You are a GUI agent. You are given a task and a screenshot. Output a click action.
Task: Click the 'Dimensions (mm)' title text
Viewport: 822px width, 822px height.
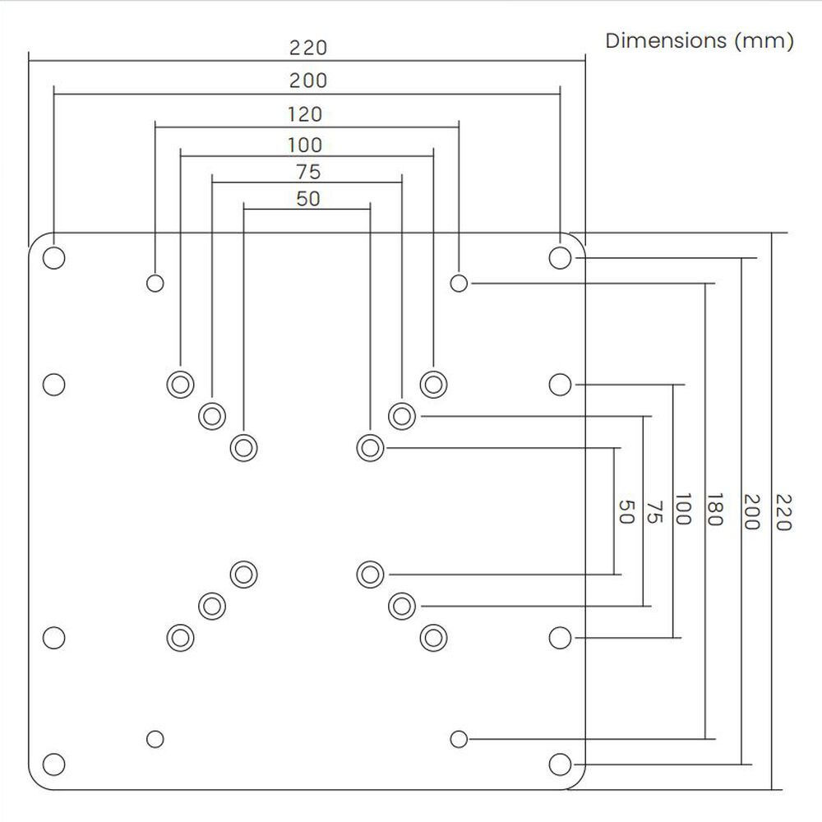pyautogui.click(x=700, y=41)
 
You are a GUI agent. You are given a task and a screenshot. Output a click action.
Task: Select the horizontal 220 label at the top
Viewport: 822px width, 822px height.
pyautogui.click(x=307, y=48)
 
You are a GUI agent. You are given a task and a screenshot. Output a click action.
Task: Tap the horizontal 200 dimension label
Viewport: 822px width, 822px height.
pyautogui.click(x=307, y=81)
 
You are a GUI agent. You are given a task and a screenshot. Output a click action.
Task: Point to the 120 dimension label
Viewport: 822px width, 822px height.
pyautogui.click(x=305, y=114)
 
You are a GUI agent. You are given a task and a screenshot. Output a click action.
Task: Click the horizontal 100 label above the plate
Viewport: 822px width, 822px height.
pyautogui.click(x=305, y=145)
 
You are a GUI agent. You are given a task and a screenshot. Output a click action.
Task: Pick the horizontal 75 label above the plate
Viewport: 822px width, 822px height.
pyautogui.click(x=307, y=173)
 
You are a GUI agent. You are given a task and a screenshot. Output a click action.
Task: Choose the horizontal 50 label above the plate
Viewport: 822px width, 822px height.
pyautogui.click(x=307, y=199)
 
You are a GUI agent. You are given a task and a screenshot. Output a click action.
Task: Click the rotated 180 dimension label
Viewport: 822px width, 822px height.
pyautogui.click(x=713, y=510)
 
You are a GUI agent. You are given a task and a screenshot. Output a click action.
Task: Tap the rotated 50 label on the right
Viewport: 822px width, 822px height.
pyautogui.click(x=625, y=512)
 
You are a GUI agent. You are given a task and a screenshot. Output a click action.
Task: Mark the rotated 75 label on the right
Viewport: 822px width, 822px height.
pyautogui.click(x=653, y=512)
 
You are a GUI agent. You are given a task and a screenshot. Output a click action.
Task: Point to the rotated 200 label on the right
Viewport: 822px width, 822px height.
pyautogui.click(x=750, y=511)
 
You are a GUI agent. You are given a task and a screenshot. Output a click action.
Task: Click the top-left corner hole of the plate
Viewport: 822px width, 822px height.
pyautogui.click(x=54, y=257)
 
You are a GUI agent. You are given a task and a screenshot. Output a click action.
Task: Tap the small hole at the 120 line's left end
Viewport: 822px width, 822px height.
pyautogui.click(x=155, y=284)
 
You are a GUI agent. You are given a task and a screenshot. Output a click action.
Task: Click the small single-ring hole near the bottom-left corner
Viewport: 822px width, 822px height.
pyautogui.click(x=155, y=738)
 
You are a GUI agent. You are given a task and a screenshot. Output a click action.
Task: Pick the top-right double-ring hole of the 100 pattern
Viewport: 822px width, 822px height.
pyautogui.click(x=432, y=383)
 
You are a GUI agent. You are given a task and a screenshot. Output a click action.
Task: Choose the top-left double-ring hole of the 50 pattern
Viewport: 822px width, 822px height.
pyautogui.click(x=243, y=448)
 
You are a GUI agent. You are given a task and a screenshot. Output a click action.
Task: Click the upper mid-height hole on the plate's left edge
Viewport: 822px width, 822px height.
pyautogui.click(x=54, y=384)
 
